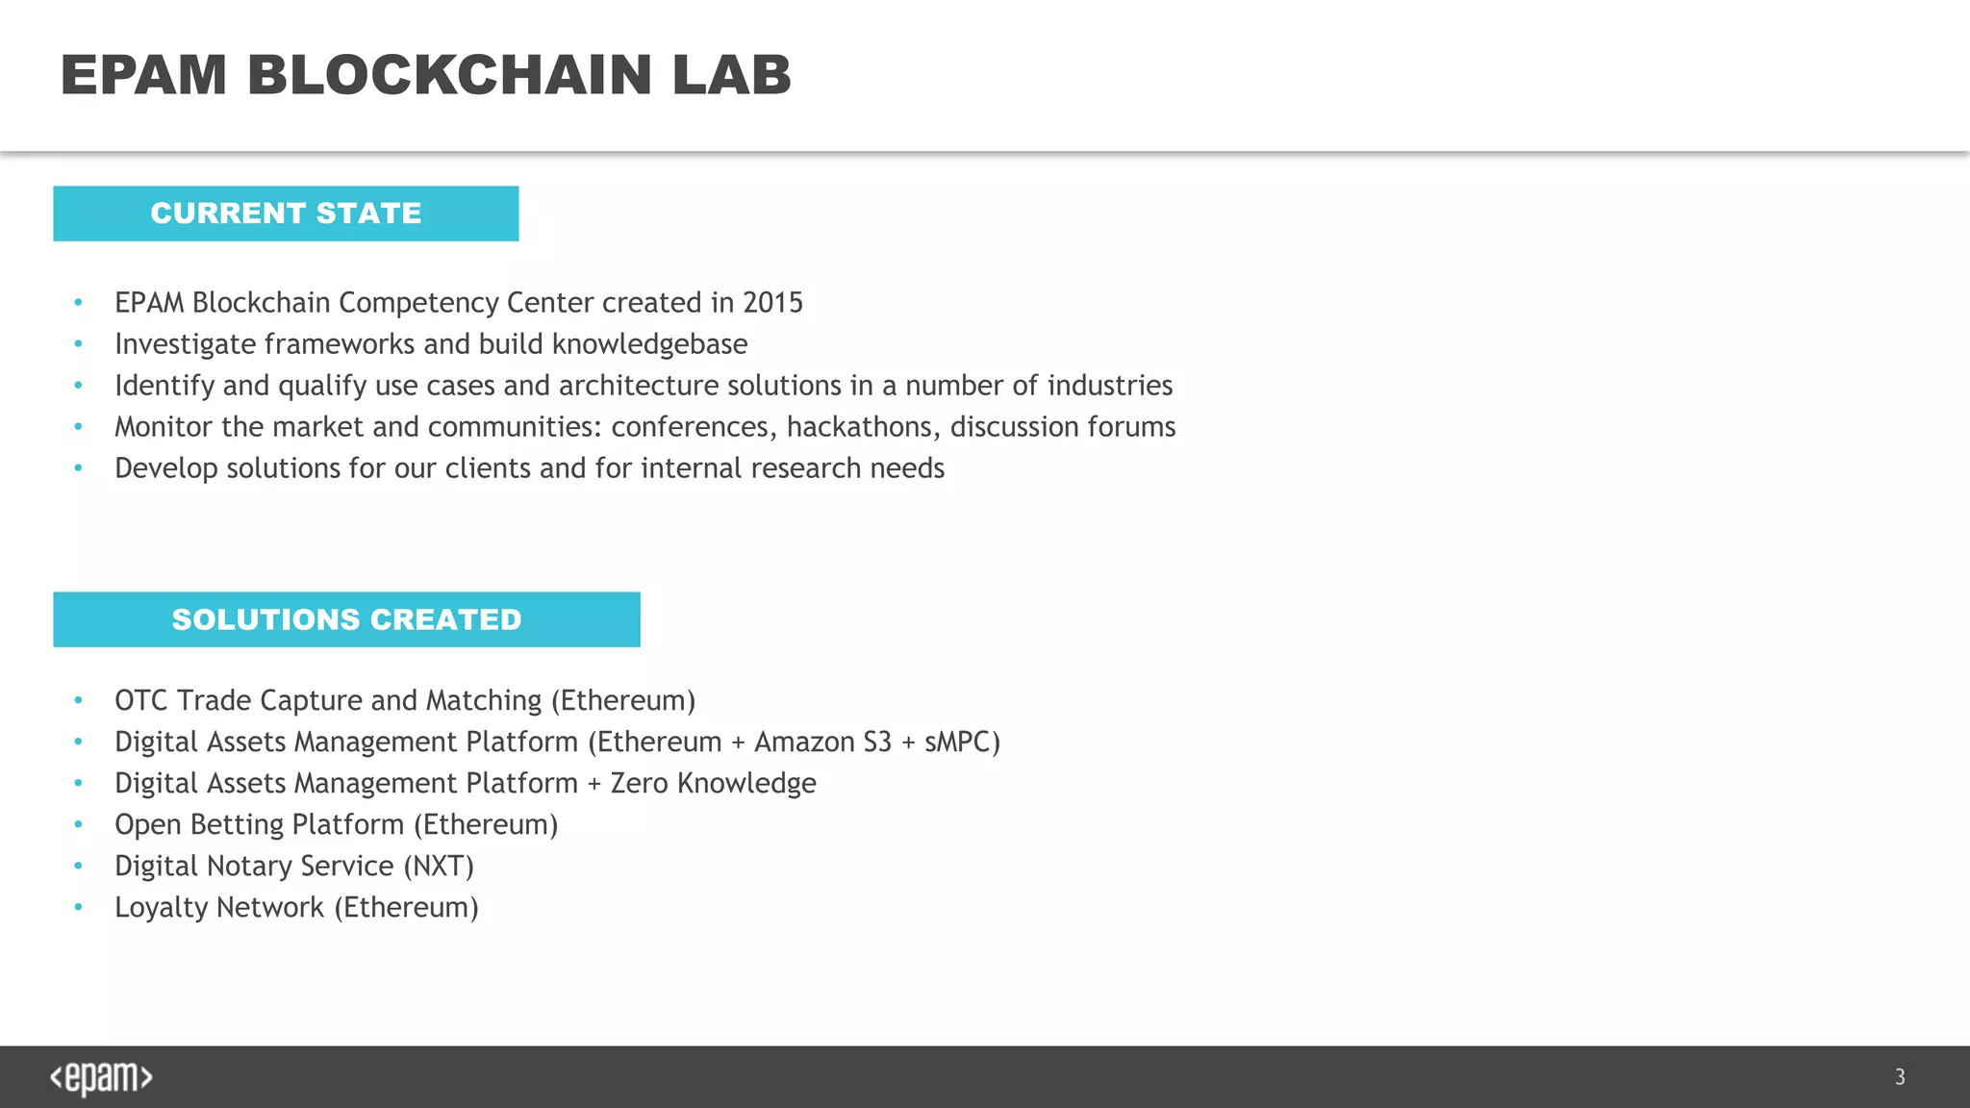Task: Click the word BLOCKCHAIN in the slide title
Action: pos(449,75)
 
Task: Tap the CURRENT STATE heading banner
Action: pos(286,214)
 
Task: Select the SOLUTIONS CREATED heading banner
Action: pos(346,619)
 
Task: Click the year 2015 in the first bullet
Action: pos(772,303)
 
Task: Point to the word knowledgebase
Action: pos(649,344)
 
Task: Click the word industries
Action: pos(1110,386)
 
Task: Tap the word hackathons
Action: pos(862,427)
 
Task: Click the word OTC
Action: pos(140,700)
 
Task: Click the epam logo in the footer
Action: pos(101,1077)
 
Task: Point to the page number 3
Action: pos(1900,1077)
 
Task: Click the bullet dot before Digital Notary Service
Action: pos(79,867)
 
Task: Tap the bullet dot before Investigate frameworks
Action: pos(79,344)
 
